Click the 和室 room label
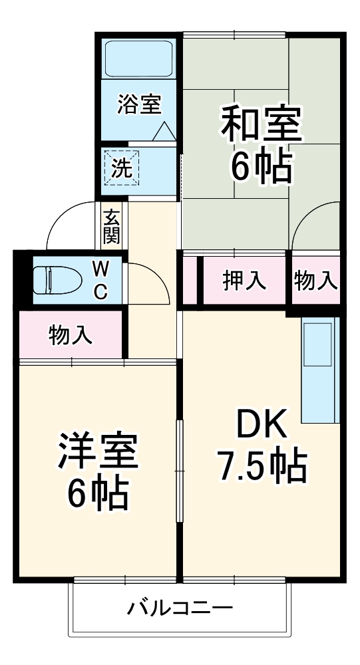click(261, 124)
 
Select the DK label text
click(261, 423)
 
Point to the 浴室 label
click(139, 104)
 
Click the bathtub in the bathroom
click(139, 60)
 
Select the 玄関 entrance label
click(111, 226)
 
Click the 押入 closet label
click(244, 281)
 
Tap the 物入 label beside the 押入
click(315, 281)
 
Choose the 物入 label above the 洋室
click(70, 335)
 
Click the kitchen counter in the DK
click(321, 370)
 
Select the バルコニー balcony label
click(180, 607)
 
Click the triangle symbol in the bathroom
click(164, 131)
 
